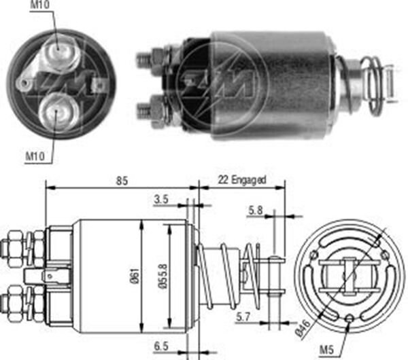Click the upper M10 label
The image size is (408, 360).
click(x=40, y=6)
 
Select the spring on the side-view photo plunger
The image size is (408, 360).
click(x=372, y=85)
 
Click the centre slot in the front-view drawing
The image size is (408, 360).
click(x=348, y=275)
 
